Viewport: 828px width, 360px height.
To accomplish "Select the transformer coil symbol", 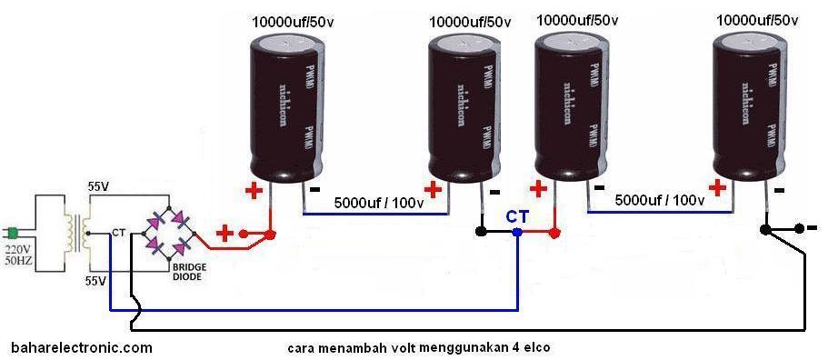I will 78,233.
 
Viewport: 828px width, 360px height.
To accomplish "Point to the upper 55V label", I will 99,186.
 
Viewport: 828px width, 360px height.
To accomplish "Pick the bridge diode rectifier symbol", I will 171,234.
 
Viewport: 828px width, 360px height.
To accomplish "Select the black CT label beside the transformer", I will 118,234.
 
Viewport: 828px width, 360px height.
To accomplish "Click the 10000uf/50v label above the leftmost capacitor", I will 291,20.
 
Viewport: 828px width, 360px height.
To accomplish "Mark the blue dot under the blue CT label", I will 517,233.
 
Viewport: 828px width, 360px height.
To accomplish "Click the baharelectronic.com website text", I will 82,347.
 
